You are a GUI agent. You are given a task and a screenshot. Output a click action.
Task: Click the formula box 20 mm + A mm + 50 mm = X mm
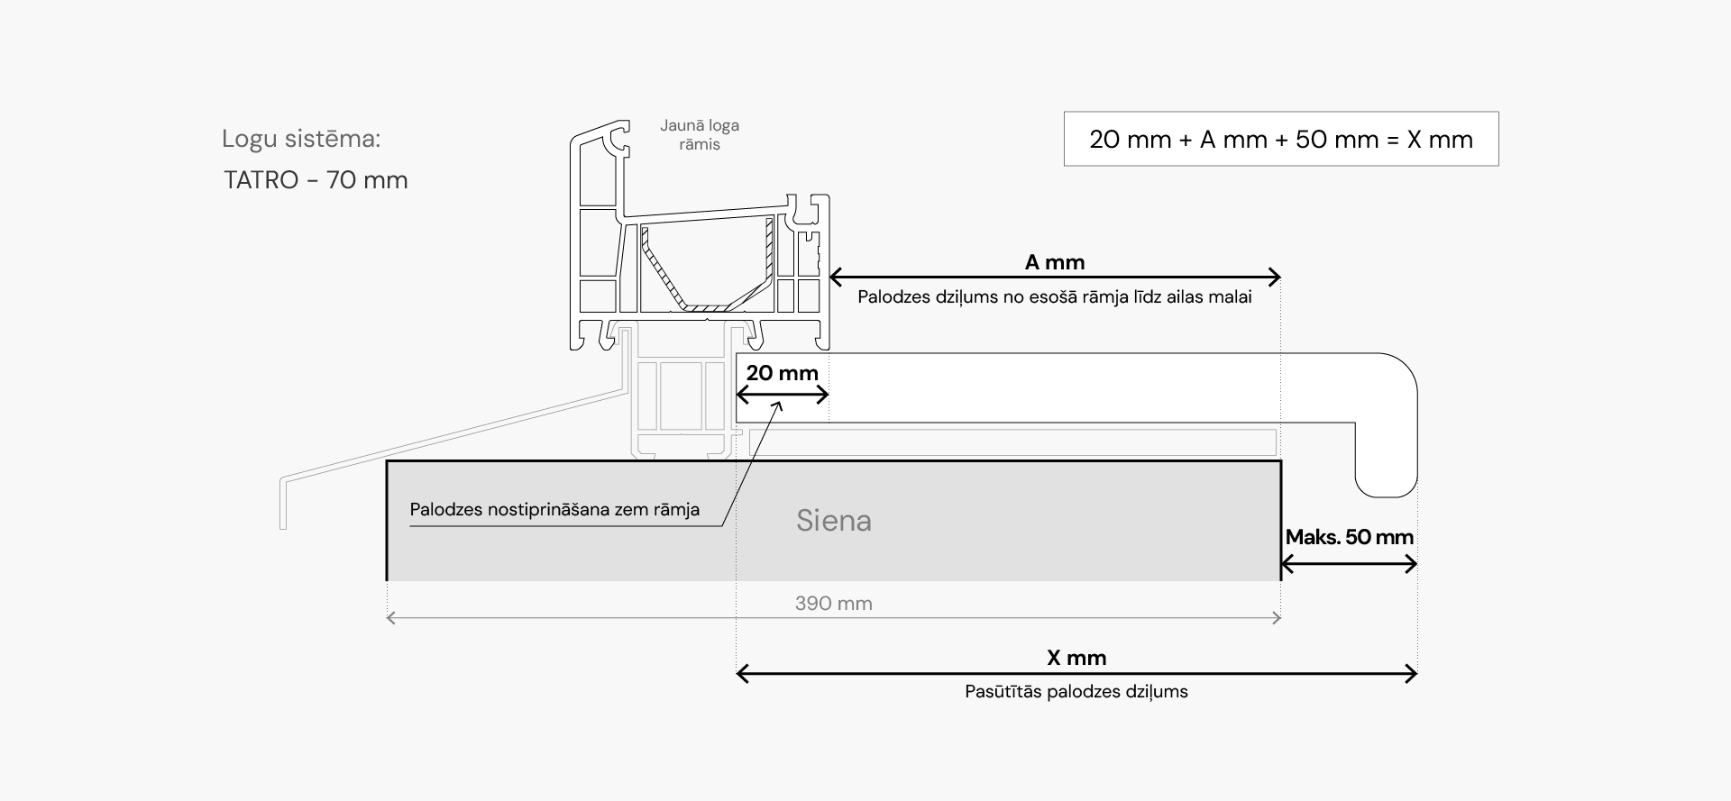1280,140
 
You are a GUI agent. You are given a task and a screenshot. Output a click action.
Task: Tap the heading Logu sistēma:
301,139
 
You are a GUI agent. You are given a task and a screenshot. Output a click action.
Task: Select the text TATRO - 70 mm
316,180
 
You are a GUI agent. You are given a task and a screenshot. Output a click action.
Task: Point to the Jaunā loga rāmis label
700,135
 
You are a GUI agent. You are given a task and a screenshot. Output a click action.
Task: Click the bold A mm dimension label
1055,262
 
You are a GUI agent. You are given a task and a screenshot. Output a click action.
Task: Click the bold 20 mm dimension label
782,373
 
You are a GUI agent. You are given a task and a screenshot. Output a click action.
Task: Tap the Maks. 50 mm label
1349,537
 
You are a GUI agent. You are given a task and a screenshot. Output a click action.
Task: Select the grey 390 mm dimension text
833,604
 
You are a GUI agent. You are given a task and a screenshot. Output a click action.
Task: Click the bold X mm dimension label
1076,658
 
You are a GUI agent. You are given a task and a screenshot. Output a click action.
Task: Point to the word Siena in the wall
833,521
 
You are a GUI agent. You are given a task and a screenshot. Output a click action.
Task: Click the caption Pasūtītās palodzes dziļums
1076,692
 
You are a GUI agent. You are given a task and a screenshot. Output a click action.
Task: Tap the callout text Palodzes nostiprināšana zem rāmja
554,510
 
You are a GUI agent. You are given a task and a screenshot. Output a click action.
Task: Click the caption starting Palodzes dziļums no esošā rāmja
1055,297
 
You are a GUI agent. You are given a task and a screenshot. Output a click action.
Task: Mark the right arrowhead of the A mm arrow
1274,277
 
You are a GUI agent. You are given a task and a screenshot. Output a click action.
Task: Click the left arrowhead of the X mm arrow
744,673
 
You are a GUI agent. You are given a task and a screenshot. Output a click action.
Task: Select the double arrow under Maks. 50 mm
1349,565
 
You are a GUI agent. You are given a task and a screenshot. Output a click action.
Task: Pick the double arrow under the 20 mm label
782,394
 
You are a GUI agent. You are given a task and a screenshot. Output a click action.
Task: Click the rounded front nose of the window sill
1388,423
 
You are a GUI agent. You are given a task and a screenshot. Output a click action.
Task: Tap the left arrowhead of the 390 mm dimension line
391,618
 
